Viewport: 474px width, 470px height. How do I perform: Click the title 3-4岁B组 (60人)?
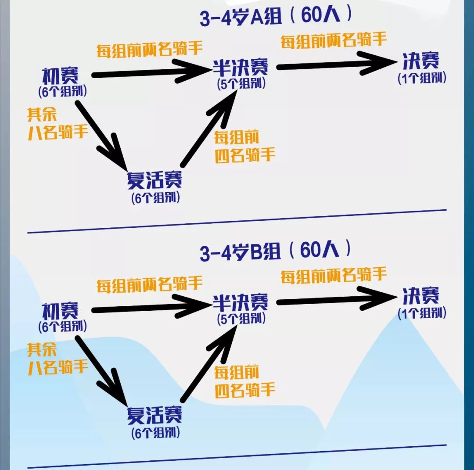point(276,251)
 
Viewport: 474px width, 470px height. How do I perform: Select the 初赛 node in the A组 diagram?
point(61,76)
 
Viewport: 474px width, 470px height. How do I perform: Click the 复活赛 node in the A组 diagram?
point(154,179)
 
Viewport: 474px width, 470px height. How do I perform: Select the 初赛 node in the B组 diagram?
point(61,311)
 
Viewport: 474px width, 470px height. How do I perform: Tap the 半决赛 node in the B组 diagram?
point(240,303)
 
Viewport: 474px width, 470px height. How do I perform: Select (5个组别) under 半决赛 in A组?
point(241,84)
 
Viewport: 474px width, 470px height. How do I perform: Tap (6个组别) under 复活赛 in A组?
point(155,197)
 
